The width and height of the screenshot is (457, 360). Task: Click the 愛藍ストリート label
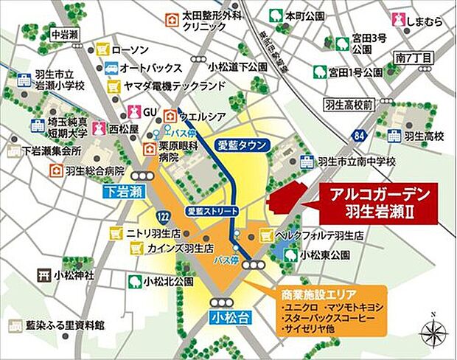tap(209, 210)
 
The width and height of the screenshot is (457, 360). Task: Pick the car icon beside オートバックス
tap(111, 68)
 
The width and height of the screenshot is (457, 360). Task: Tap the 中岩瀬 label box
tap(64, 34)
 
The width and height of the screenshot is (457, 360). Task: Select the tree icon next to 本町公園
tap(275, 14)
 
